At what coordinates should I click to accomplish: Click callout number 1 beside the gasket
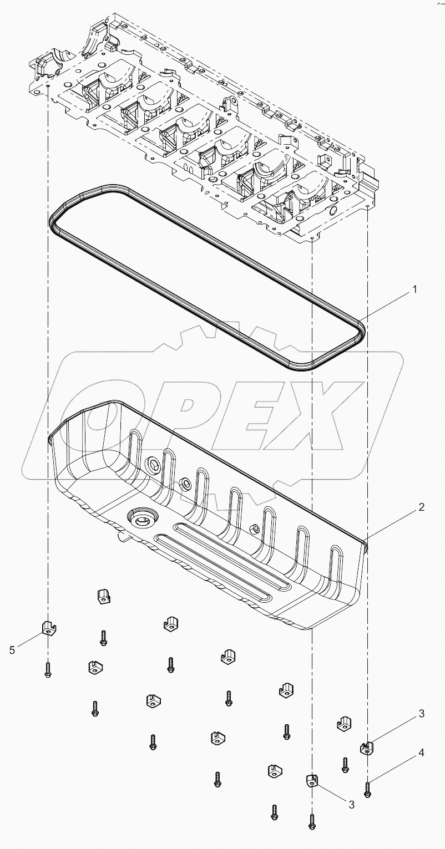coord(414,289)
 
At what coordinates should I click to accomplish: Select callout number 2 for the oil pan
coord(421,506)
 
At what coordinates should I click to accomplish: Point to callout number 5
coord(12,650)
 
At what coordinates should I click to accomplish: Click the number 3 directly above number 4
coord(421,713)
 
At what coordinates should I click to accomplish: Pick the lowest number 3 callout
coord(351,805)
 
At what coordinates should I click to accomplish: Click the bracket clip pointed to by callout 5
coord(49,628)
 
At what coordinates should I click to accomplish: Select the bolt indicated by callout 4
coord(368,789)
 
